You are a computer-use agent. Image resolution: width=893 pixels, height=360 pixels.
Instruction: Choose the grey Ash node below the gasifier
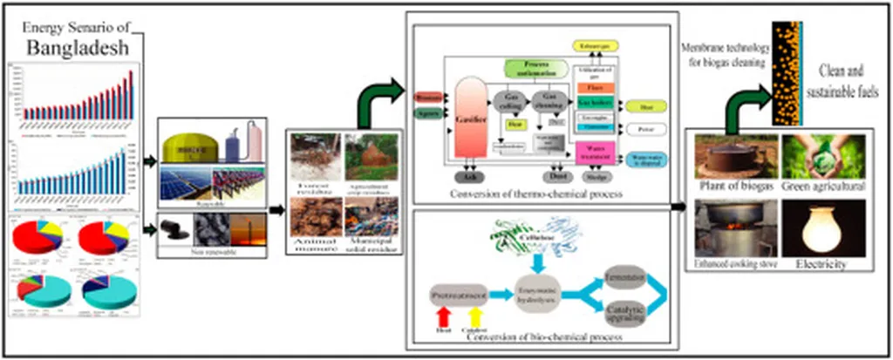pos(472,175)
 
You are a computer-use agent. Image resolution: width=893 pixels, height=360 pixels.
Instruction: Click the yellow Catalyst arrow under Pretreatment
pos(476,322)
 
